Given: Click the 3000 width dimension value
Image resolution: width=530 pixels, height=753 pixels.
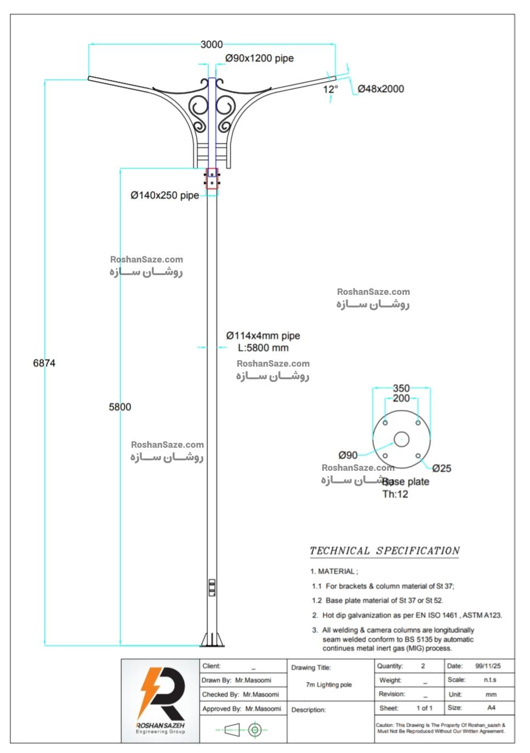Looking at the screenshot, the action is click(x=211, y=44).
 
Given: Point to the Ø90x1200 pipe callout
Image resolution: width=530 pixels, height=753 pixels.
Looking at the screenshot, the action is click(x=259, y=58).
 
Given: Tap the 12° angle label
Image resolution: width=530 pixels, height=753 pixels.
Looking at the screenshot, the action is click(x=330, y=89).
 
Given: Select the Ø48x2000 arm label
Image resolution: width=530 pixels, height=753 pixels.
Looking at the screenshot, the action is click(x=381, y=89).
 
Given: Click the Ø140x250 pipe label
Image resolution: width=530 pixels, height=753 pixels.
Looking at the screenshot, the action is click(x=164, y=195).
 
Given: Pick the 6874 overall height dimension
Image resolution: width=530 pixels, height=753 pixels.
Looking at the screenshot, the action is click(x=44, y=363).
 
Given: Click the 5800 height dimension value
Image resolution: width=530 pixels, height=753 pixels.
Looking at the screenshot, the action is click(x=119, y=407).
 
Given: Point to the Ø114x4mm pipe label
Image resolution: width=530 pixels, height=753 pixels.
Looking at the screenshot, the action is click(x=263, y=335).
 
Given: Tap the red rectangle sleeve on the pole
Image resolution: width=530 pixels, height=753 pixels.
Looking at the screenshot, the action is click(x=212, y=179).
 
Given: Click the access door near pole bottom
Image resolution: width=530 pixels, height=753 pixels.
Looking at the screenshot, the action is click(x=212, y=587).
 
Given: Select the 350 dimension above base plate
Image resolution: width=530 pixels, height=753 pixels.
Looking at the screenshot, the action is click(x=401, y=388).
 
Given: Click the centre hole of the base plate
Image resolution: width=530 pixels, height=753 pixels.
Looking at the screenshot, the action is click(x=401, y=440).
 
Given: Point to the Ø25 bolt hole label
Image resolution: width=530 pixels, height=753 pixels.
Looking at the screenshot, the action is click(x=442, y=468).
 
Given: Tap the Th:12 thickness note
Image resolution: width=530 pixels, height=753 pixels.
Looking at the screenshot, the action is click(x=395, y=494).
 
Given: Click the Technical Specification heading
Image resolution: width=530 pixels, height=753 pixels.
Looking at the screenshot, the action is click(x=384, y=551).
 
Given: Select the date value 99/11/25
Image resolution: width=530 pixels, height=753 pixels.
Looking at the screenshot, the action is click(x=488, y=666).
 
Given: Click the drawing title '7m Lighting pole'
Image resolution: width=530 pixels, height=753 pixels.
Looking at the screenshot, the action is click(x=328, y=684).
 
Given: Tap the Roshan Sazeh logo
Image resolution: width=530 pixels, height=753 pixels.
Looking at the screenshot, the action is click(x=161, y=701).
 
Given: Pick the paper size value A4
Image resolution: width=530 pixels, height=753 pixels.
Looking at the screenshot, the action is click(x=491, y=708).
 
